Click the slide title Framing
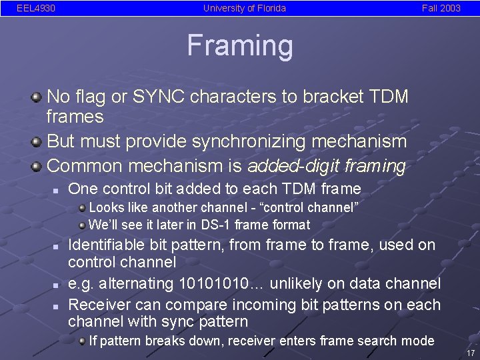[240, 46]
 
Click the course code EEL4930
[36, 9]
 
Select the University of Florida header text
[244, 9]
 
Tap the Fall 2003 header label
[441, 9]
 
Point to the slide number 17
[471, 353]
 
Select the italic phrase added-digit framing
[326, 165]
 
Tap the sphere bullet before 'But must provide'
[36, 142]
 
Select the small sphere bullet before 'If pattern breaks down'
[81, 341]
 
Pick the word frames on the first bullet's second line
[75, 117]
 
